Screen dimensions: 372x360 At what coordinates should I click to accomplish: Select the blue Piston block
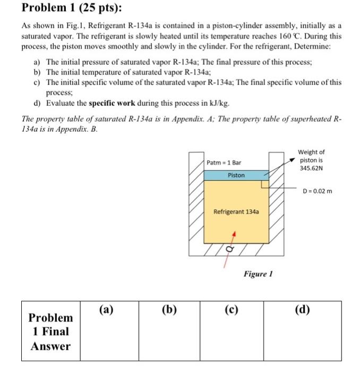(x=236, y=175)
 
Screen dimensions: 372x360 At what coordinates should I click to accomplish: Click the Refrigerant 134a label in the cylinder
(x=236, y=212)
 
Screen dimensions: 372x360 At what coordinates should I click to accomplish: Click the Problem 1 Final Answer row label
(x=50, y=332)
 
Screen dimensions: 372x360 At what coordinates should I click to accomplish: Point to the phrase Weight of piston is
(x=311, y=156)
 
